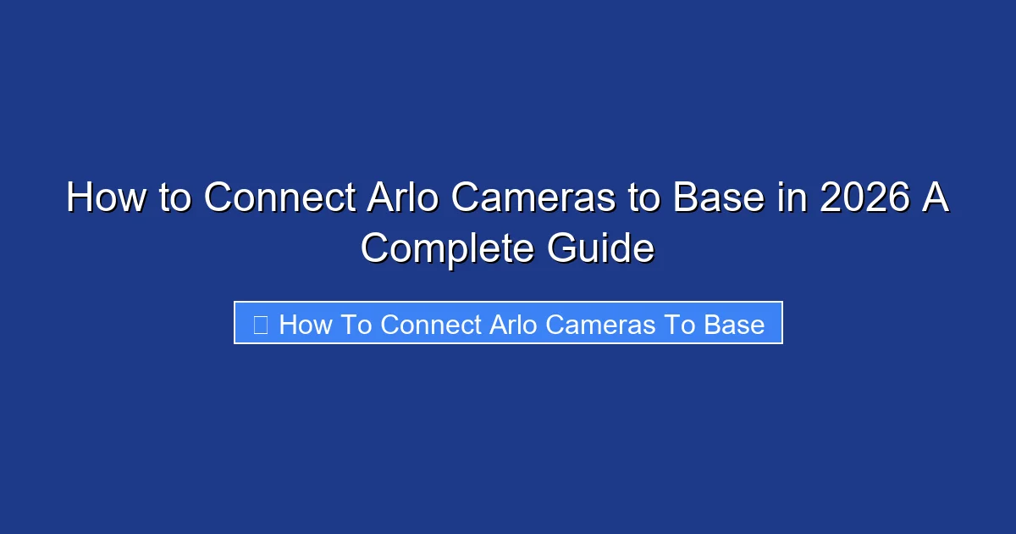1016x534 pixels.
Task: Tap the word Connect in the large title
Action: pos(279,198)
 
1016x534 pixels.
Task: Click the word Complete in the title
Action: pos(448,249)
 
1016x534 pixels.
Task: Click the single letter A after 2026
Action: pos(933,198)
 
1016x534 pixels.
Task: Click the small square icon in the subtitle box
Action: pos(261,324)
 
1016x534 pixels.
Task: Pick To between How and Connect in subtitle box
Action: pos(359,325)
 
